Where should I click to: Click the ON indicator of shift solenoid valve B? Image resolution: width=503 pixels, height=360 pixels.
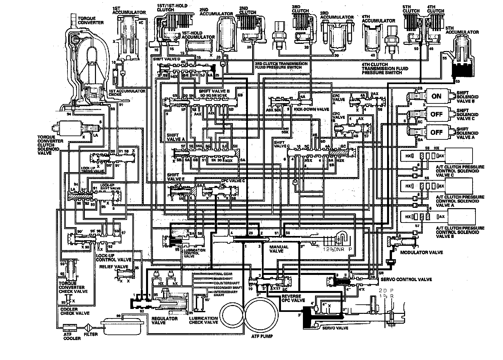click(x=437, y=96)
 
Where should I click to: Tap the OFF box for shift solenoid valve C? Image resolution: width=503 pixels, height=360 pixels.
click(x=437, y=114)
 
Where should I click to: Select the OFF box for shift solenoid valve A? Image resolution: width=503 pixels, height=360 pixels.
click(x=437, y=133)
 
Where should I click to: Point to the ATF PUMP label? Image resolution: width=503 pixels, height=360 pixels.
click(x=262, y=336)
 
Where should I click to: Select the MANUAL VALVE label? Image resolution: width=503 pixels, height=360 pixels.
click(x=279, y=249)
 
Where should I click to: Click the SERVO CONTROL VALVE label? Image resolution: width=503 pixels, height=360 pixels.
click(x=406, y=279)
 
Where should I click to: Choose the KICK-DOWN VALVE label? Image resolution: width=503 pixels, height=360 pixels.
click(x=307, y=109)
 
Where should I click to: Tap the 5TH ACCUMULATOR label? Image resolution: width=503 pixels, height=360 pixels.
click(x=466, y=32)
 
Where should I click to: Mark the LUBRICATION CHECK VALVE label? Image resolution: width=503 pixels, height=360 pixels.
click(x=203, y=320)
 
